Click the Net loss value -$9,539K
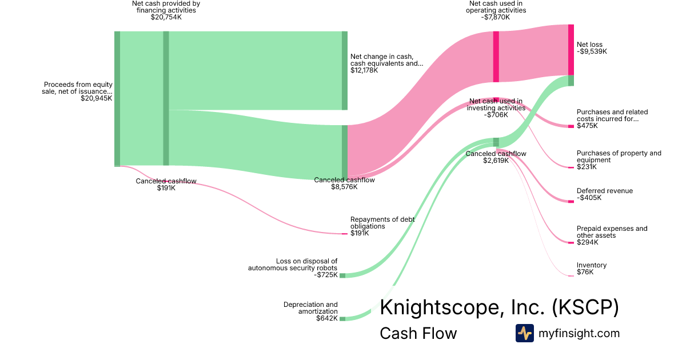pyautogui.click(x=592, y=51)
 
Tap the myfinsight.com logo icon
pyautogui.click(x=524, y=333)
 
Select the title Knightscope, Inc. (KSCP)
pyautogui.click(x=499, y=307)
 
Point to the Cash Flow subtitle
pyautogui.click(x=418, y=334)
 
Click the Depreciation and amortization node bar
pyautogui.click(x=342, y=318)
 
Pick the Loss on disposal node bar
pyautogui.click(x=342, y=275)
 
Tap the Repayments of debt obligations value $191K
pyautogui.click(x=360, y=233)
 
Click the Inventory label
pyautogui.click(x=592, y=265)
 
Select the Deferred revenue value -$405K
pyautogui.click(x=589, y=198)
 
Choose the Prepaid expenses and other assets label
pyautogui.click(x=612, y=232)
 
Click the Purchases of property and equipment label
pyautogui.click(x=619, y=157)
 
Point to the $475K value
pyautogui.click(x=587, y=126)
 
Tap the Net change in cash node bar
pyautogui.click(x=345, y=70)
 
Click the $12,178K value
pyautogui.click(x=364, y=70)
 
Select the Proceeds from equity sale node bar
pyautogui.click(x=117, y=99)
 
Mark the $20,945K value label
pyautogui.click(x=97, y=98)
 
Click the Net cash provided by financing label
pyautogui.click(x=166, y=7)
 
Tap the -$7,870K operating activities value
pyautogui.click(x=496, y=17)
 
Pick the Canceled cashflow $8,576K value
pyautogui.click(x=344, y=187)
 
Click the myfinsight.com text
pyautogui.click(x=579, y=333)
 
